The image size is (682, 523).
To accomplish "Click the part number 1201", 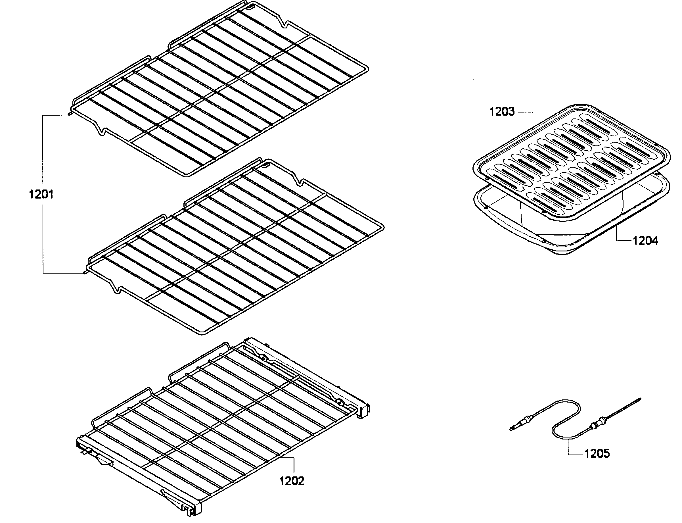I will click(x=41, y=195).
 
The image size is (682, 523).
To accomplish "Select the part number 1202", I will click(x=291, y=481).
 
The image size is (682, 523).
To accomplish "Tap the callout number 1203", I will click(x=502, y=111).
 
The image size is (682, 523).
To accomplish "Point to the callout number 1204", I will click(x=646, y=241).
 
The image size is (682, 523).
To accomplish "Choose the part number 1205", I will click(x=597, y=454).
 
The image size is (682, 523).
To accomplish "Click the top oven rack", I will click(x=218, y=90).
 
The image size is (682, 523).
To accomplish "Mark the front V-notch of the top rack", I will click(x=101, y=132).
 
